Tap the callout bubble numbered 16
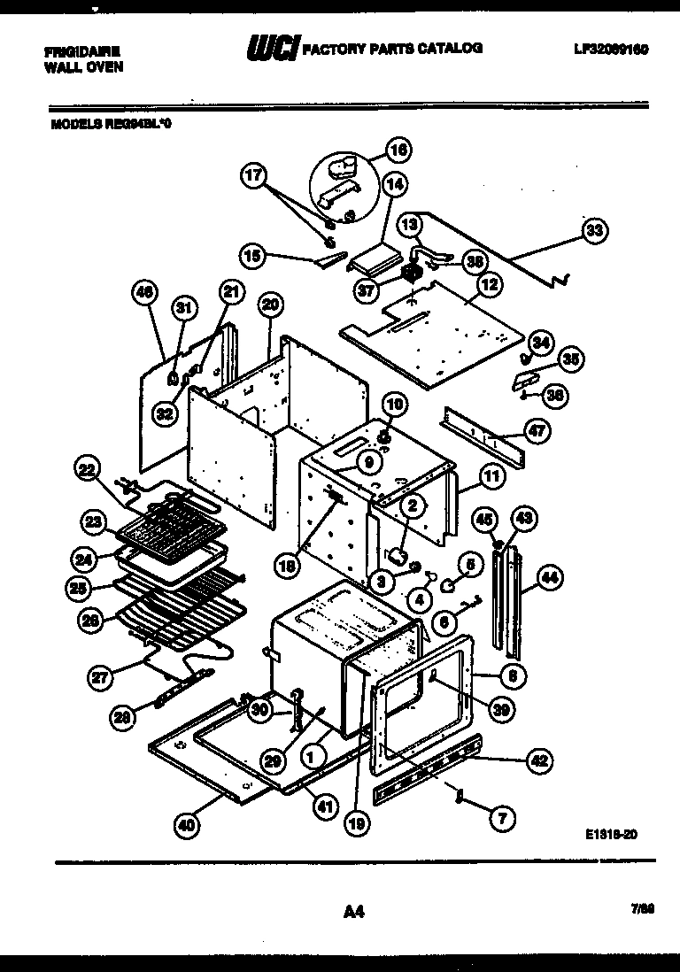coord(398,151)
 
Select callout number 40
coord(187,825)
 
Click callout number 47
coord(537,431)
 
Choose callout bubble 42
coord(540,759)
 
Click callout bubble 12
coord(489,285)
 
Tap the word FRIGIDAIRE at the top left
coord(82,51)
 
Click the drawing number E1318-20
coord(611,833)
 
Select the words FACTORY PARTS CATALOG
coord(393,49)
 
